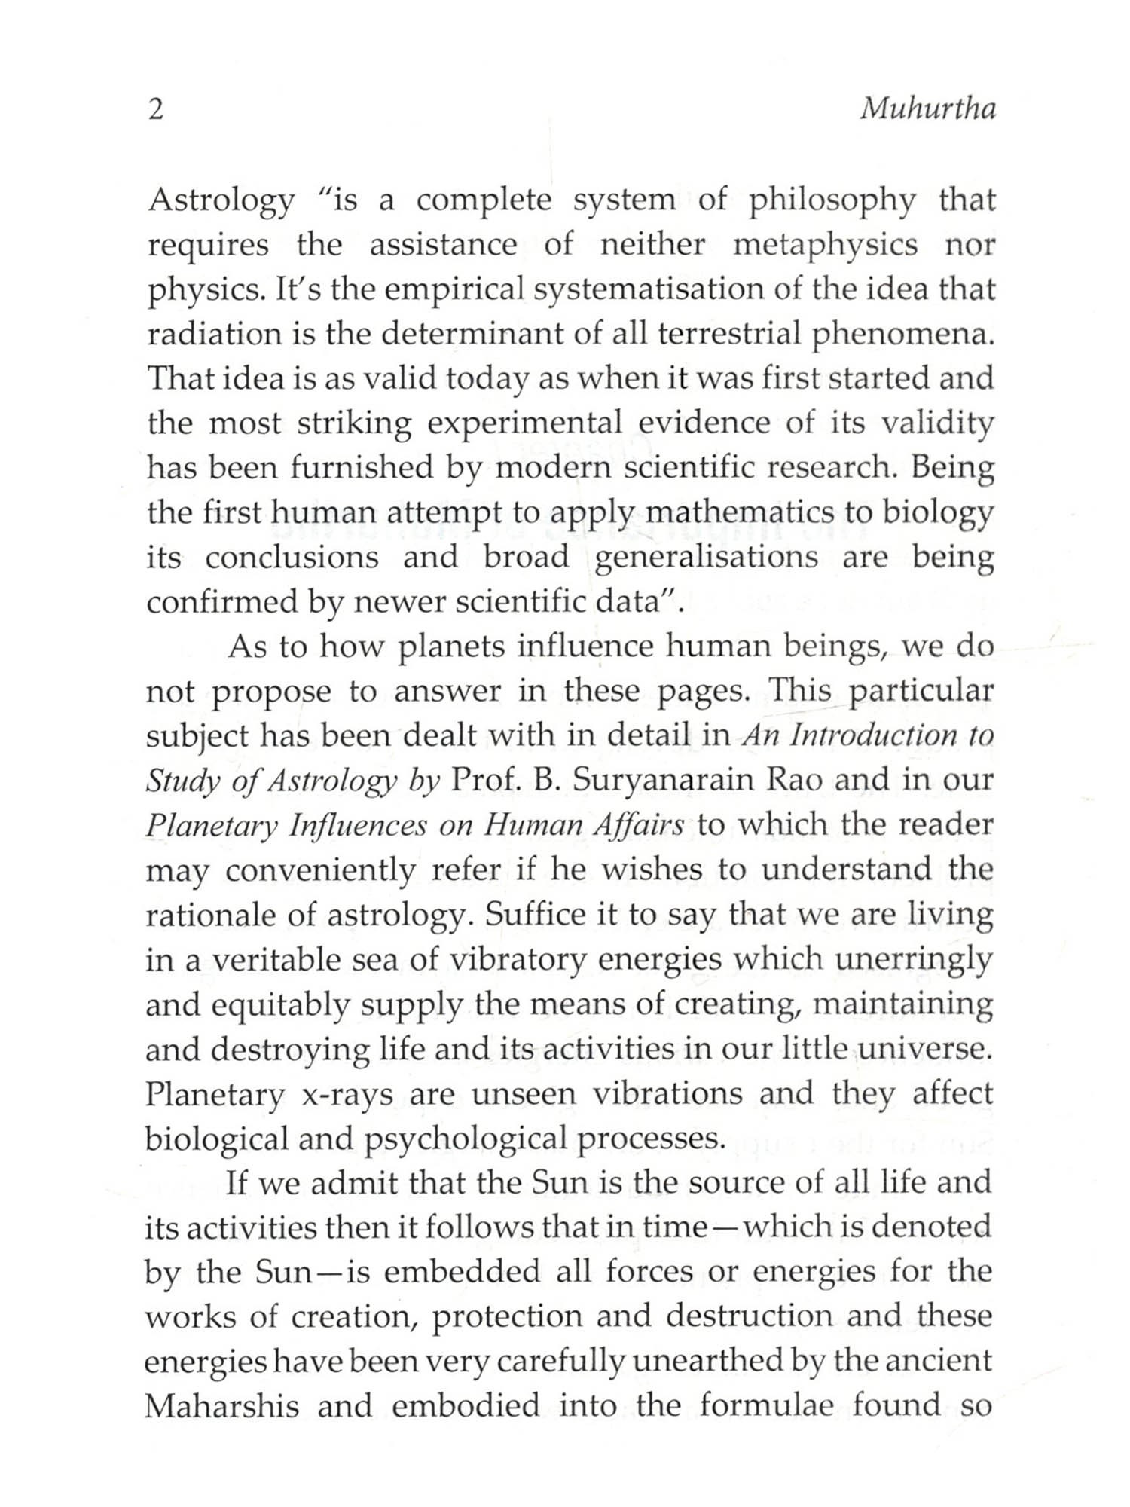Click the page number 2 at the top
point(155,111)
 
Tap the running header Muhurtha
point(927,110)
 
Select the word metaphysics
point(826,245)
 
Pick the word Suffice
point(536,915)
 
